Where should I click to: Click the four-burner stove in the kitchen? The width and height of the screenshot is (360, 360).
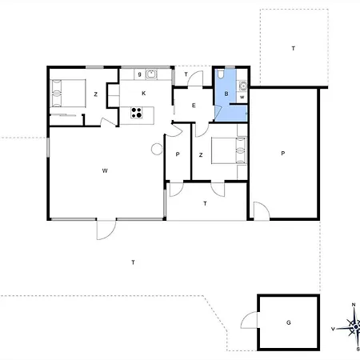coord(136,113)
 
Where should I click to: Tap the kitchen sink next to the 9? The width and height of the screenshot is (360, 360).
coord(151,74)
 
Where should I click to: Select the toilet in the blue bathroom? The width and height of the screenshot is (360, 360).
coord(220,74)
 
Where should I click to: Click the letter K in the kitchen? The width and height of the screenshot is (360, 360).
coord(144,93)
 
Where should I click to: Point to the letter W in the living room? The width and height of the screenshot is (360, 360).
coord(105,170)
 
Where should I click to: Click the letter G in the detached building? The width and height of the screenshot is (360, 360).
coord(289,322)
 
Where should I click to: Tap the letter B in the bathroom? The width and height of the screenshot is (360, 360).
coord(226,94)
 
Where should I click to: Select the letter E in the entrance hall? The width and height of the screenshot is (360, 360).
coord(194,106)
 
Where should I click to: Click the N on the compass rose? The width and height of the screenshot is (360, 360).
coord(354,305)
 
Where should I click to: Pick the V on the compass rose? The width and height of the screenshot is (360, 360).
coord(333,329)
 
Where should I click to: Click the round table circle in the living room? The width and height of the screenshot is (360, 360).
coord(157,149)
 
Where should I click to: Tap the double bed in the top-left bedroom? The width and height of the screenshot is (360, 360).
coord(68,94)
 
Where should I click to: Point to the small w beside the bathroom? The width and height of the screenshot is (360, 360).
coord(242,97)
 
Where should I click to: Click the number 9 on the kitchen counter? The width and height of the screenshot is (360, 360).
coord(139,74)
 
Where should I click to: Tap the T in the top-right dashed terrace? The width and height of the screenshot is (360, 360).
coord(294,48)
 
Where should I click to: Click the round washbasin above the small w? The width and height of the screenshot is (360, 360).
coord(243,86)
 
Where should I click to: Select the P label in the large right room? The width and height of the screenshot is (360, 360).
coord(283,154)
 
